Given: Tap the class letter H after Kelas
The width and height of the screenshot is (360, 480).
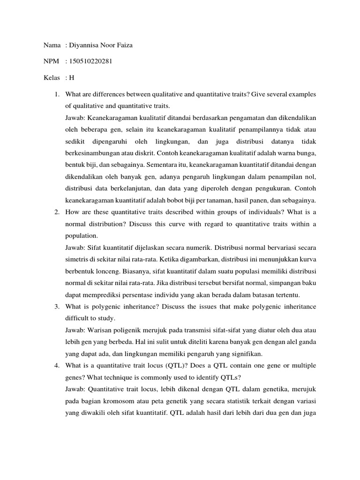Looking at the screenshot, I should (x=72, y=77).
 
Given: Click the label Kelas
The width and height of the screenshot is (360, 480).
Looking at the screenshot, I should (x=52, y=77).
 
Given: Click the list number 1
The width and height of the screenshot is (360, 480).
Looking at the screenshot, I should (x=56, y=95).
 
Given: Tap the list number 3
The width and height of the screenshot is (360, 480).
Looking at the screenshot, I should (x=56, y=307).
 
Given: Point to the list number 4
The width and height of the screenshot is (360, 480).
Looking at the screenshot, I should (x=56, y=365).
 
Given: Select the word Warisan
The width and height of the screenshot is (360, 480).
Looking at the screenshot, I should (x=98, y=330).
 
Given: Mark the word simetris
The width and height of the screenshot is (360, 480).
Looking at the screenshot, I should (x=76, y=260).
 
